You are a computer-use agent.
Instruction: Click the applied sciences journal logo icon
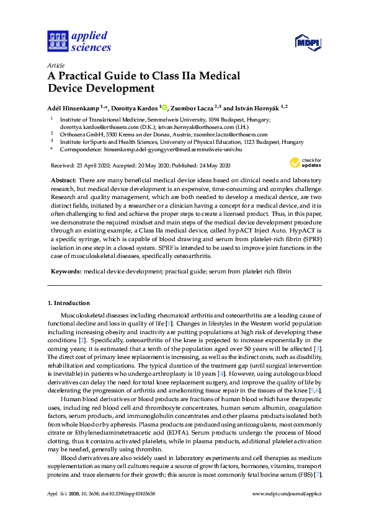point(56,42)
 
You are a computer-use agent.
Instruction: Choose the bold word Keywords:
point(65,272)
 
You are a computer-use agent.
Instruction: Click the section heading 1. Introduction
point(68,303)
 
